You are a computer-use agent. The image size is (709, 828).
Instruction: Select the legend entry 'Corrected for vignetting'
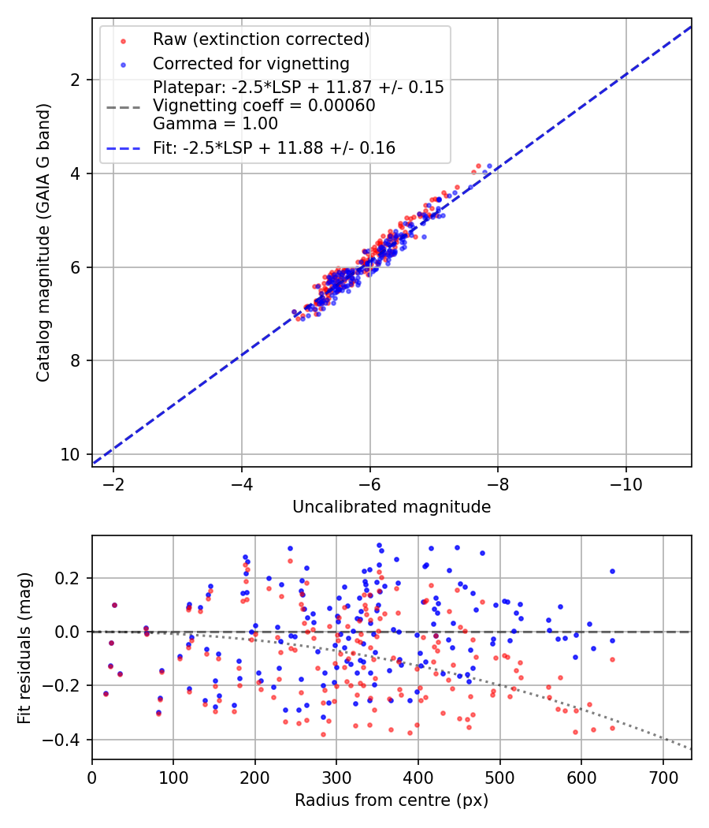[251, 63]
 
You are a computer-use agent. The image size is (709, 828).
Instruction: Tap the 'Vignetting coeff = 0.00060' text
[264, 105]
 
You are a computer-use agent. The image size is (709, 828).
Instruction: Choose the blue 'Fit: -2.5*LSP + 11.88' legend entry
[273, 147]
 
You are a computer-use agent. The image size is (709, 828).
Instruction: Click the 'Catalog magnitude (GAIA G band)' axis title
[44, 242]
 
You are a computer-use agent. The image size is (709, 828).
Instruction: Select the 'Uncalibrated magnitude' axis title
[392, 507]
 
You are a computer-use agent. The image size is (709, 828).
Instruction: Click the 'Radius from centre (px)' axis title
[392, 800]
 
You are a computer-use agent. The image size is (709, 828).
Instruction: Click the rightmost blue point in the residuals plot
[612, 571]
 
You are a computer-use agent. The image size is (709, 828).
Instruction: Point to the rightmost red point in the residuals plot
[612, 659]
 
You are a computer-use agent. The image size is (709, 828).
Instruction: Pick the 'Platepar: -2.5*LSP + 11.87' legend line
[298, 88]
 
